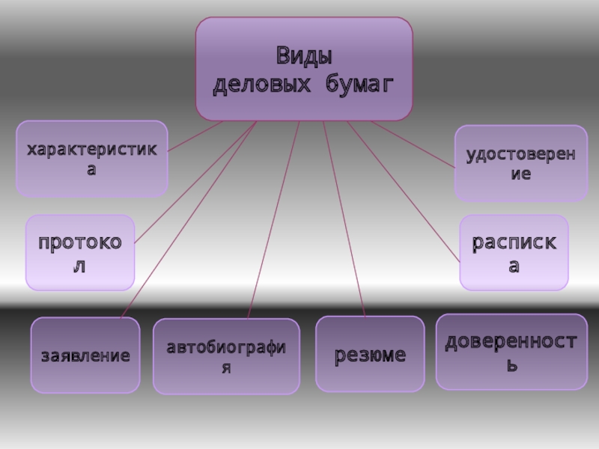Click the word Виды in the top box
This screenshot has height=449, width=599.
point(303,56)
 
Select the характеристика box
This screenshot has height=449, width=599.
point(91,159)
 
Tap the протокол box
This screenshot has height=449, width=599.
point(80,252)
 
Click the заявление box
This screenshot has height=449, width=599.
point(85,355)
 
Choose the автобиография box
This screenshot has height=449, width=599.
point(226,356)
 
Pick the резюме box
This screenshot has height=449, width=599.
point(370,354)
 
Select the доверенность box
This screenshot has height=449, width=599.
point(511,352)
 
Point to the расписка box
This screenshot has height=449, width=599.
point(514,252)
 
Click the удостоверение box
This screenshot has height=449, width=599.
point(520,163)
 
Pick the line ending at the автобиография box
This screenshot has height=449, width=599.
point(274,217)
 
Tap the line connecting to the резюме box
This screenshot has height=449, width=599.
point(344,217)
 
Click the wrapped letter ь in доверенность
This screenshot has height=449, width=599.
point(512,367)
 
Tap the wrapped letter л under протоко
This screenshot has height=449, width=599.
point(79,266)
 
